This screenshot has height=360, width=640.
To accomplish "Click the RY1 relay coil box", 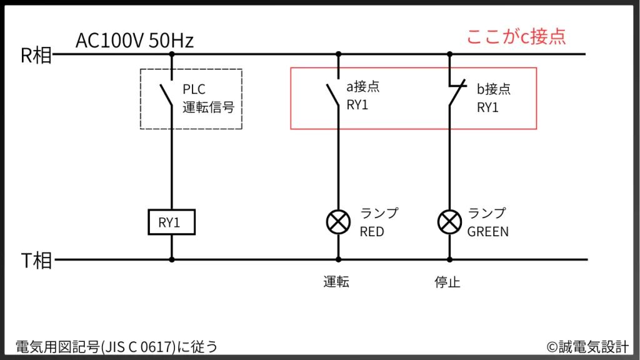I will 171,222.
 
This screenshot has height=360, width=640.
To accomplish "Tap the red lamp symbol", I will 339,221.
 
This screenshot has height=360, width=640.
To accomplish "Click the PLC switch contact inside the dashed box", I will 167,94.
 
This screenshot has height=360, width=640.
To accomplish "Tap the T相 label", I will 36,261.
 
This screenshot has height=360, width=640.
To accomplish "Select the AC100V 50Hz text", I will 134,41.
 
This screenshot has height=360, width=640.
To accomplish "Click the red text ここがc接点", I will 516,36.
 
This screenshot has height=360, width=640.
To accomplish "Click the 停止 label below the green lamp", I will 447,282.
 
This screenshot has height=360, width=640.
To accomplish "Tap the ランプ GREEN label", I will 488,222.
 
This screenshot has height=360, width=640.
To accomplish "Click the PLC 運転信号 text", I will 208,98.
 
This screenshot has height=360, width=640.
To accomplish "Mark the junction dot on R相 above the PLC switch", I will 172,54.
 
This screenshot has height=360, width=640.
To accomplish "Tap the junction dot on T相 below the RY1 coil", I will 172,259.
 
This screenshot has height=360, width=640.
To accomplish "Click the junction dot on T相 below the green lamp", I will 448,259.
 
